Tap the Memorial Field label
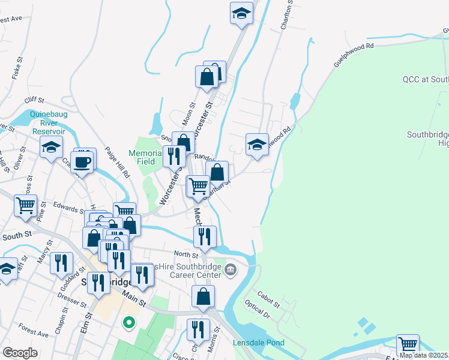coord(145,157)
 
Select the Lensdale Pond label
coord(259,343)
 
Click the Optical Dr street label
coord(259,310)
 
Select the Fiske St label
coord(16,68)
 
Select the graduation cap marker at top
coord(241,13)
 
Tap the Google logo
coord(20,353)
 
